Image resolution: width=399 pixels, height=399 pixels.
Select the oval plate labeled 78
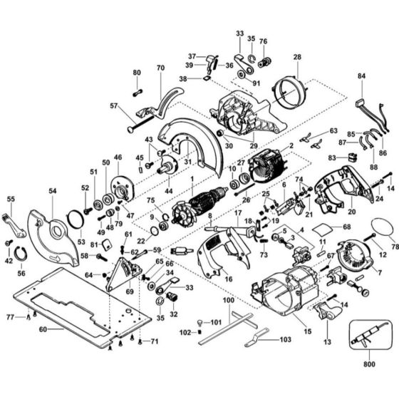pyautogui.click(x=383, y=232)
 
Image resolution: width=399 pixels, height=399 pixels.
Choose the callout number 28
pyautogui.click(x=297, y=56)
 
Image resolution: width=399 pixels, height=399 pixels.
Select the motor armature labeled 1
pyautogui.click(x=200, y=200)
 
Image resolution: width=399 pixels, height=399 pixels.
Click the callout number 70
pyautogui.click(x=160, y=68)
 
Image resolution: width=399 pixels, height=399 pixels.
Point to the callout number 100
pyautogui.click(x=227, y=302)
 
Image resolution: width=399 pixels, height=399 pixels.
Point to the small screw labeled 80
pyautogui.click(x=137, y=90)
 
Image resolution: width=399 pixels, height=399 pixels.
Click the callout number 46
pyautogui.click(x=118, y=157)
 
